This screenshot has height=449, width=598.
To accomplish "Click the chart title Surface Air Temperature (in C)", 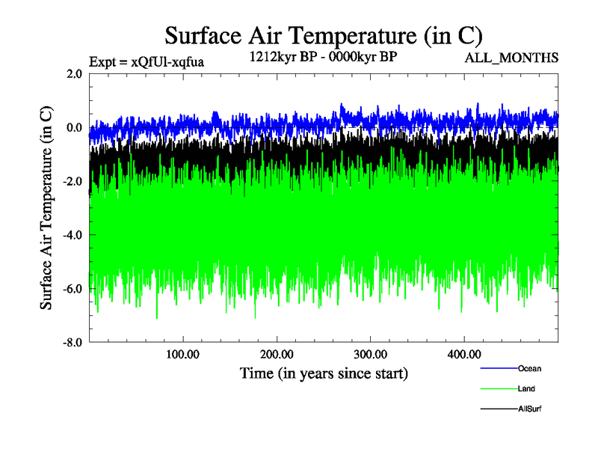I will [x=324, y=35].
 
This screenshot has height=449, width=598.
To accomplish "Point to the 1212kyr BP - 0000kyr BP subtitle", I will [x=322, y=56].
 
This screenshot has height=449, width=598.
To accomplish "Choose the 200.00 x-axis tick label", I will [x=277, y=354].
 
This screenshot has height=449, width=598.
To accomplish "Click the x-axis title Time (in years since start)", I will [x=324, y=372].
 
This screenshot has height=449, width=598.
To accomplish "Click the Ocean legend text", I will [x=529, y=368].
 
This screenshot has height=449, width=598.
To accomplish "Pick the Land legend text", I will [x=526, y=388].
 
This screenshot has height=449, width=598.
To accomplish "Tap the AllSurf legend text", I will [x=529, y=409].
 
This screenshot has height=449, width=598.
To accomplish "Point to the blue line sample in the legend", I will [x=498, y=368].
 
